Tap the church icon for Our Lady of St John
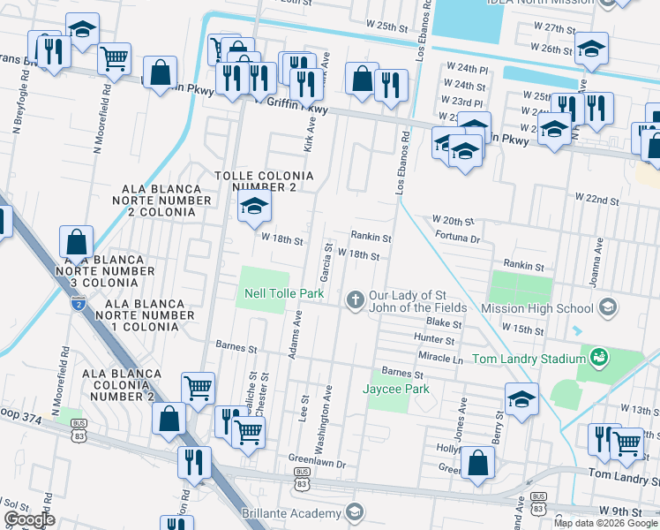(355, 300)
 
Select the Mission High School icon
(606, 307)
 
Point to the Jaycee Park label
(395, 388)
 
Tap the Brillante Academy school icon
(354, 512)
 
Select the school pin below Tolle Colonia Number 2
(254, 208)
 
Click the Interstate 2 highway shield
(79, 303)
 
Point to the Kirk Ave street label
(309, 137)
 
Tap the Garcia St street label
(326, 262)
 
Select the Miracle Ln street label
(440, 360)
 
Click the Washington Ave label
(328, 410)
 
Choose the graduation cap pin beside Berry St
(521, 399)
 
